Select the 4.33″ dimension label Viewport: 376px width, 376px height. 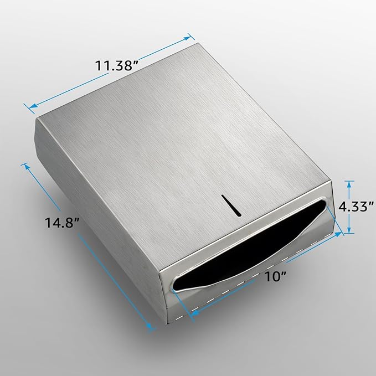(x=357, y=206)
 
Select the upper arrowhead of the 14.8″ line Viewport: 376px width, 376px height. (x=24, y=164)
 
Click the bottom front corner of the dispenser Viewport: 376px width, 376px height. (x=164, y=322)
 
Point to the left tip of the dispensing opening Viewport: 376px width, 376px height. (x=174, y=286)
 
